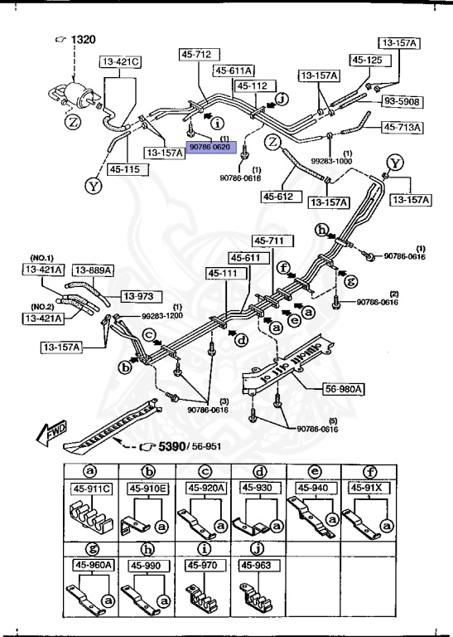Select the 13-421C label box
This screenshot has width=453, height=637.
121,61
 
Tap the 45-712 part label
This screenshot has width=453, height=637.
196,55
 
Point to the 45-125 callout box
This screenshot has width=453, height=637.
367,60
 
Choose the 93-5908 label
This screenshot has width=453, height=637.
402,101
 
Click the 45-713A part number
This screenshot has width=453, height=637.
402,127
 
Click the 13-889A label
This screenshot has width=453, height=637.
93,270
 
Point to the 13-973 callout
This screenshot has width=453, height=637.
141,295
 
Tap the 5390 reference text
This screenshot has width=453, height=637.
162,448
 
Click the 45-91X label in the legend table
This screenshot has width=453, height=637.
366,489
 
